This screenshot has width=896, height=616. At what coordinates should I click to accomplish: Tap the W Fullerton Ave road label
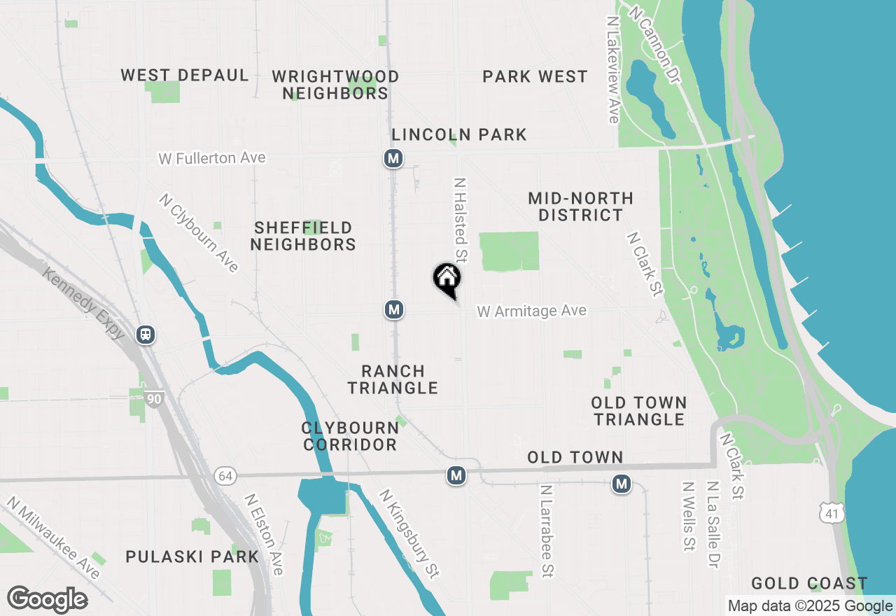[212, 158]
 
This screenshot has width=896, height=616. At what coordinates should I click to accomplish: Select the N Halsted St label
[461, 220]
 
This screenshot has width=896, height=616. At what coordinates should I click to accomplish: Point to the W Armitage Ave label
[532, 311]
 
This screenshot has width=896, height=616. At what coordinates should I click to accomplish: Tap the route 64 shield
[225, 476]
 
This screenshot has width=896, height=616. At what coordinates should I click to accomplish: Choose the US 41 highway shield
[834, 514]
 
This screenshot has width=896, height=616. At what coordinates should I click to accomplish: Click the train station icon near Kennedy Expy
[146, 335]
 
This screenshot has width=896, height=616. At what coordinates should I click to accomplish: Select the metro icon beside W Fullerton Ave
[393, 159]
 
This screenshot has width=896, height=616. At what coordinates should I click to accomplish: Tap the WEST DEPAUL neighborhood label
[185, 76]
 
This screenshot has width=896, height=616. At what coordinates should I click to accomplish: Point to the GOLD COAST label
[809, 583]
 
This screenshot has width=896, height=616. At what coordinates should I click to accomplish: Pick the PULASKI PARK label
[192, 557]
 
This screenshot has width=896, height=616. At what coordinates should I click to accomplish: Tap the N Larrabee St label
[547, 531]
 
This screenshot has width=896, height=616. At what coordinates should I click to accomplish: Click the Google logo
[48, 599]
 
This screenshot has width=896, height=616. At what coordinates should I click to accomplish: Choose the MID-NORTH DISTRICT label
[581, 206]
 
